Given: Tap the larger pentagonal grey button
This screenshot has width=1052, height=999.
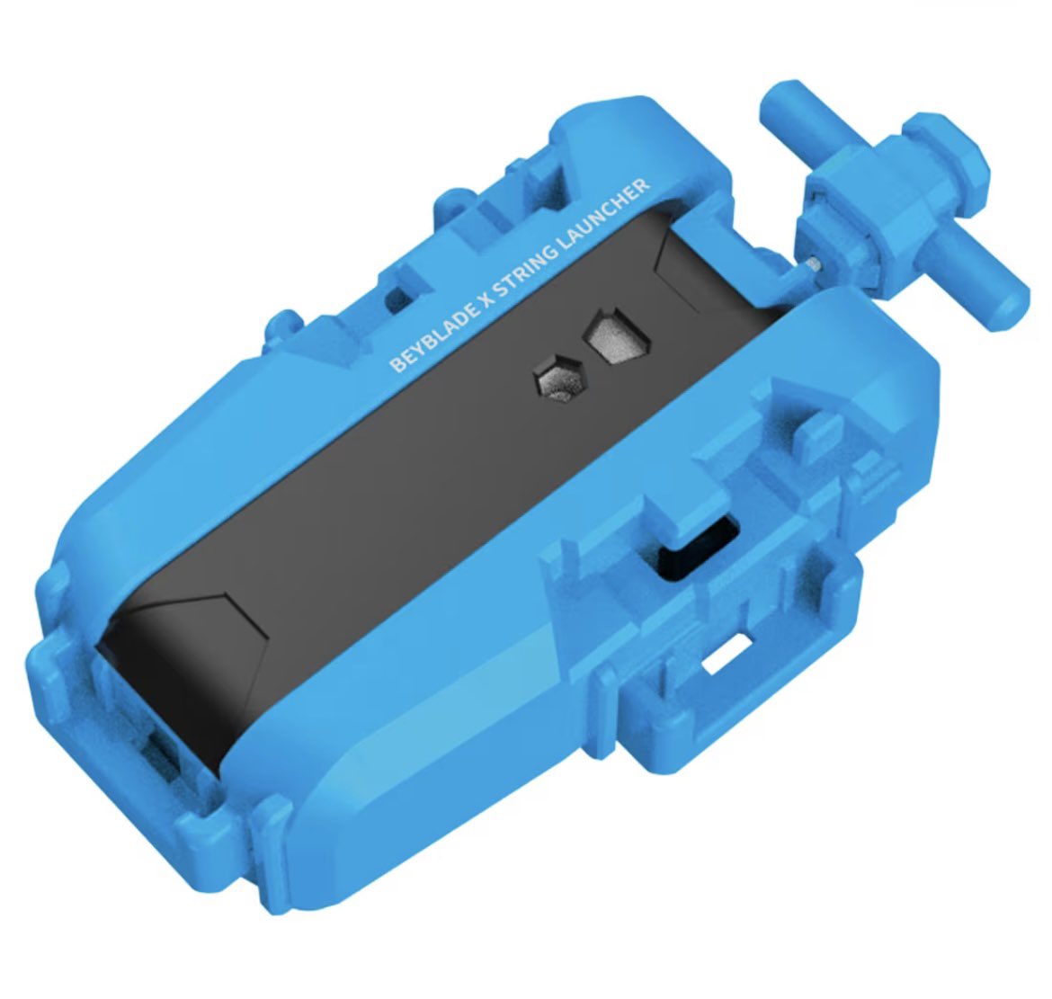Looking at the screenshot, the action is [x=616, y=334].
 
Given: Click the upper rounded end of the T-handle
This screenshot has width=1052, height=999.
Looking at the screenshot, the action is [x=786, y=104].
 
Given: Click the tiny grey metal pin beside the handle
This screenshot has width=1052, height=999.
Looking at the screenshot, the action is [x=814, y=263].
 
